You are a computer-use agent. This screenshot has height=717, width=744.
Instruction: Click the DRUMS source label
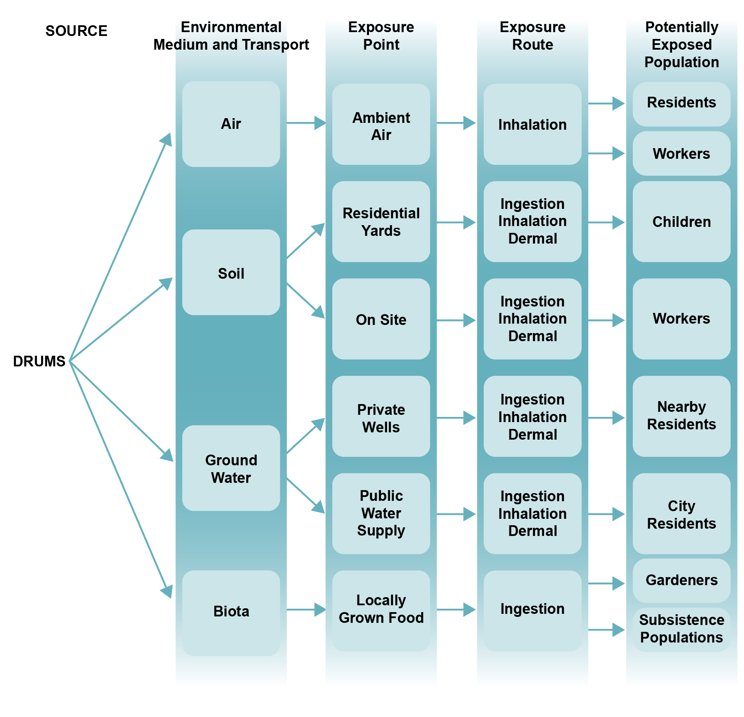click(39, 361)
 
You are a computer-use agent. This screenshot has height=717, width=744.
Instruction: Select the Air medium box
click(231, 124)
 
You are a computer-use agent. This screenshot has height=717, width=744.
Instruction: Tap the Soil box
click(231, 273)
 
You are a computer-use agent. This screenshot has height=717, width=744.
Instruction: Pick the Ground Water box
click(231, 468)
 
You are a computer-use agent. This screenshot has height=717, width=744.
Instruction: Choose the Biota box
click(231, 612)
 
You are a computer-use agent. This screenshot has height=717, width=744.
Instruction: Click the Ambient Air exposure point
click(381, 125)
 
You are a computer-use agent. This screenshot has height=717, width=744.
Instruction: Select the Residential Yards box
click(381, 222)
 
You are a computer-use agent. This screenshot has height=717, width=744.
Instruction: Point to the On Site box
click(381, 319)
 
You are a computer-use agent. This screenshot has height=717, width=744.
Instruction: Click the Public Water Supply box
click(381, 513)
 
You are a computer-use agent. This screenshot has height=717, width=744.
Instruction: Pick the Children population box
click(681, 222)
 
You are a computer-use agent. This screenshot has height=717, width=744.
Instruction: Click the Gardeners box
click(681, 580)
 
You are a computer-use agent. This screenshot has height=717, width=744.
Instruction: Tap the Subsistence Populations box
click(681, 629)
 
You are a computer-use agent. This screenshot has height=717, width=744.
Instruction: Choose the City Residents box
click(681, 514)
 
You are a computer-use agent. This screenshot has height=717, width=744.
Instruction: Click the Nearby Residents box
click(681, 416)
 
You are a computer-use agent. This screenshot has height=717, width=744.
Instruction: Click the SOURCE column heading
click(76, 31)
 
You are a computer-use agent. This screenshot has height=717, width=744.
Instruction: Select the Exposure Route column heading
click(532, 36)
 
